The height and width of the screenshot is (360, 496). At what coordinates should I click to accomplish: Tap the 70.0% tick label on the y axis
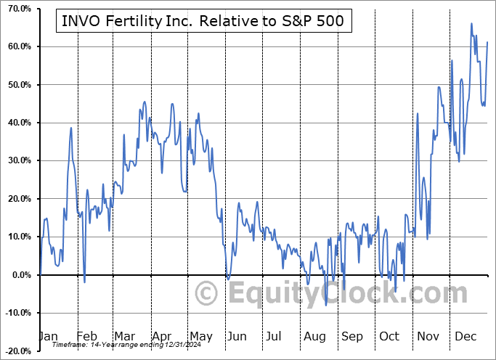[16, 9]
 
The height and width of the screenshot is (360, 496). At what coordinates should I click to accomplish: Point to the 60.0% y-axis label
[16, 46]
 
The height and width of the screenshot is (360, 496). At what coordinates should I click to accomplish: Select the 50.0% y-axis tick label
[16, 85]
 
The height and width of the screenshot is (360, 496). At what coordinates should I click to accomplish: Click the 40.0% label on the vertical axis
[16, 123]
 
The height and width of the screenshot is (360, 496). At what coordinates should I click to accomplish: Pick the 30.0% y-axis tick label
[16, 160]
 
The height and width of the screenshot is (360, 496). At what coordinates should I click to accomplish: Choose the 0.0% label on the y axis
[18, 274]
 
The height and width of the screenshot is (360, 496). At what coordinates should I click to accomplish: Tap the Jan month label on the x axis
[47, 336]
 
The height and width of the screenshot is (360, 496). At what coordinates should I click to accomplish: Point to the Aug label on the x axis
[315, 336]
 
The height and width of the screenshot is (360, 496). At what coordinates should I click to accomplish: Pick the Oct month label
[389, 336]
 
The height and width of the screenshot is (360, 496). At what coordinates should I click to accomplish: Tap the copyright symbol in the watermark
[208, 294]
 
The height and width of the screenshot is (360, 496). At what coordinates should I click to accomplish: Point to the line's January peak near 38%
[71, 128]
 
